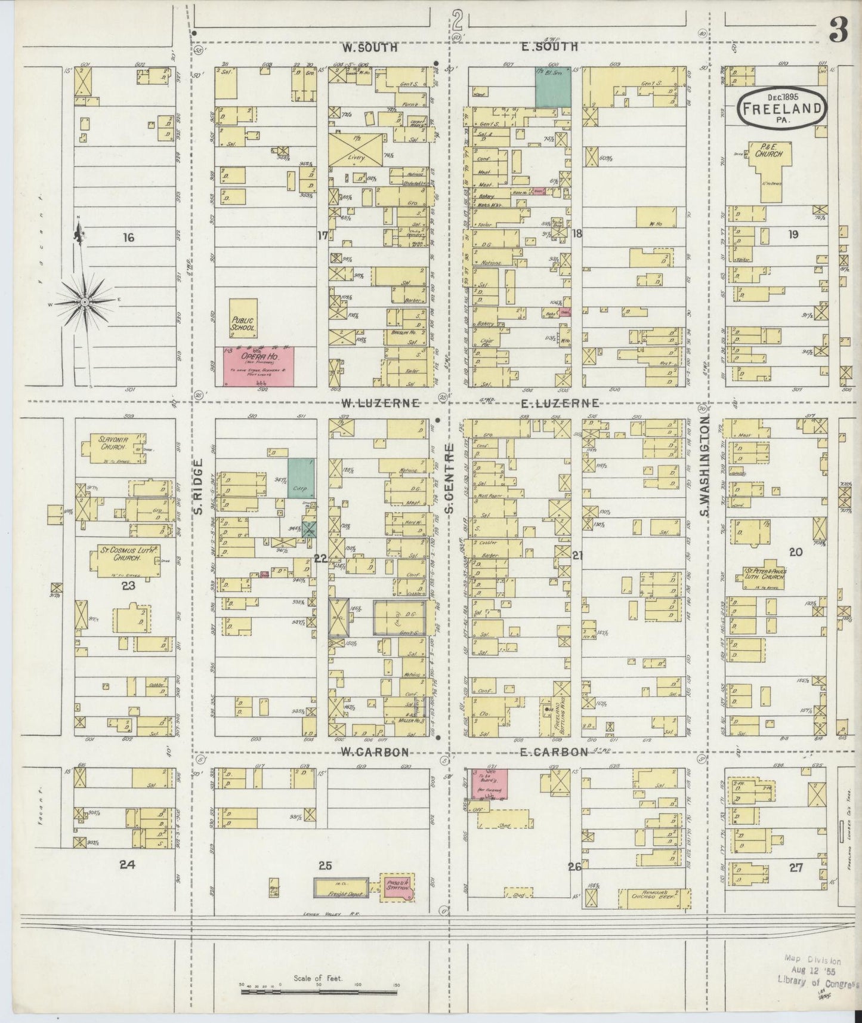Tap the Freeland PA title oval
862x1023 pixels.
(782, 108)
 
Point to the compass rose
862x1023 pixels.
(85, 303)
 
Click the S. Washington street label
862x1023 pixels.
(704, 468)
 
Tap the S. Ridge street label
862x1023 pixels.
(199, 486)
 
